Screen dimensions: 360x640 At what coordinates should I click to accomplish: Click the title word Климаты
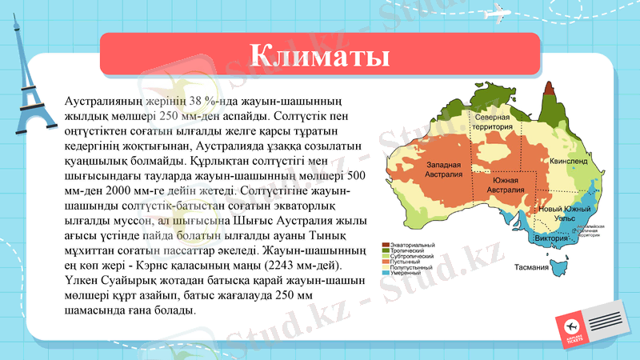pos(319,57)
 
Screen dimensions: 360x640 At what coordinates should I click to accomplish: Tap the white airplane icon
pos(498,14)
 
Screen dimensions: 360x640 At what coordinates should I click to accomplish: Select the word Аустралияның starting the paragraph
pos(105,102)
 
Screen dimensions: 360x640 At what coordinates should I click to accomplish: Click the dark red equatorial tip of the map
pos(549,88)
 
